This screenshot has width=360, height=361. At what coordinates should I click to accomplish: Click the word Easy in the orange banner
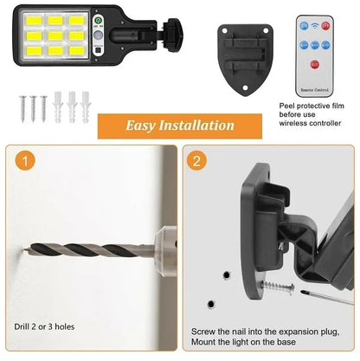point(144,126)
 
